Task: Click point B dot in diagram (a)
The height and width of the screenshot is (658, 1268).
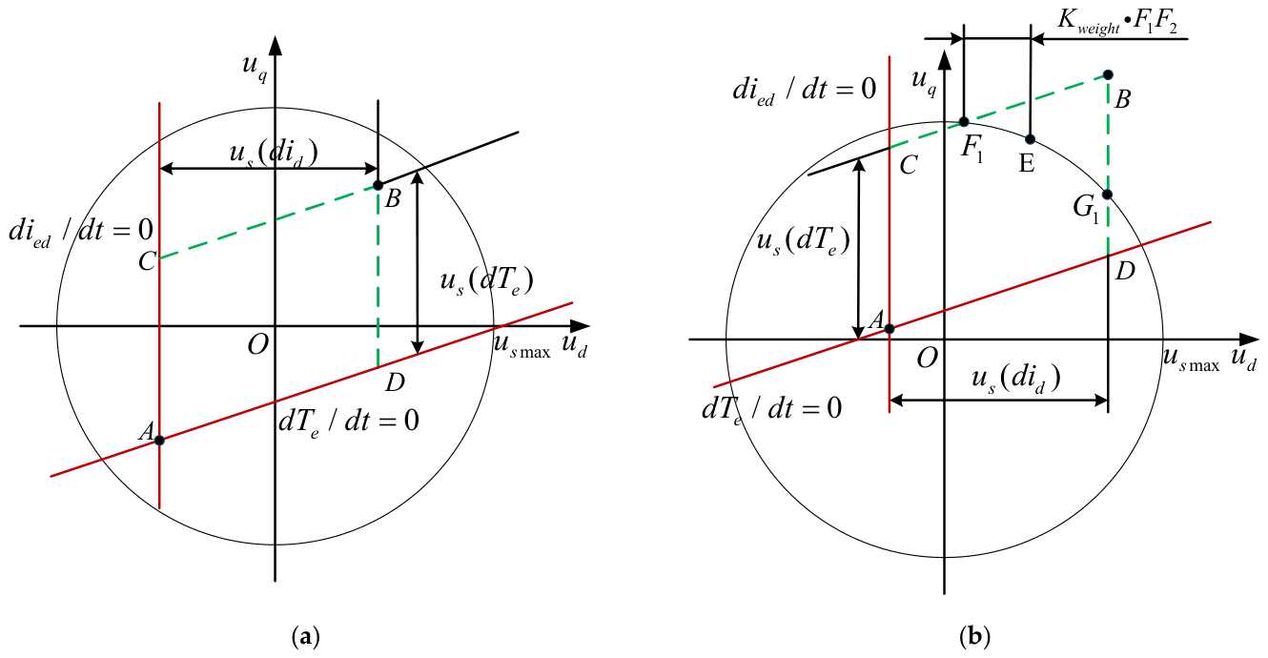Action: coord(378,186)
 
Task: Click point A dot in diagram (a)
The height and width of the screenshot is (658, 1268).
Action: coord(159,440)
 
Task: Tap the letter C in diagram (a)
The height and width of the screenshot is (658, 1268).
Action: coord(147,261)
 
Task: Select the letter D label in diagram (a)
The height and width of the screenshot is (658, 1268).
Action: coord(395,382)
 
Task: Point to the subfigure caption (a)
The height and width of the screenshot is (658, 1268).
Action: coord(306,636)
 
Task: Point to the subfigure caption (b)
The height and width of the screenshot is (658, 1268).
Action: coord(974,636)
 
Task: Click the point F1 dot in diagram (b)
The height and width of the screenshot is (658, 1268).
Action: coord(964,122)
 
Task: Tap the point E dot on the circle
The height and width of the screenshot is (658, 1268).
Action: coord(1031,139)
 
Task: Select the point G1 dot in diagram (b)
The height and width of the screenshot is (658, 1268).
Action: coord(1108,195)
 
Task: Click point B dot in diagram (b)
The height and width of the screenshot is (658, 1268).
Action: coord(1109,74)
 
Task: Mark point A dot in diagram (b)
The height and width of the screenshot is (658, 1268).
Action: coord(890,329)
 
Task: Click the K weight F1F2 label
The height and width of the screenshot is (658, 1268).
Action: coord(1117,24)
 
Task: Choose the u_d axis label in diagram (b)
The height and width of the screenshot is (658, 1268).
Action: coord(1243,360)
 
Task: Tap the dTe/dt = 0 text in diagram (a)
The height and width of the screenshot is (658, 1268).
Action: coord(349,422)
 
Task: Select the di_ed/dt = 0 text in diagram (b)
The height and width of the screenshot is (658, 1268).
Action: coord(805,91)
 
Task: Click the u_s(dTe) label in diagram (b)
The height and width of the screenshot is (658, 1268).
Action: coord(804,242)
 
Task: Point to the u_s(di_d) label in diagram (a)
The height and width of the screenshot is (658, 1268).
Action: coord(274,154)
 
